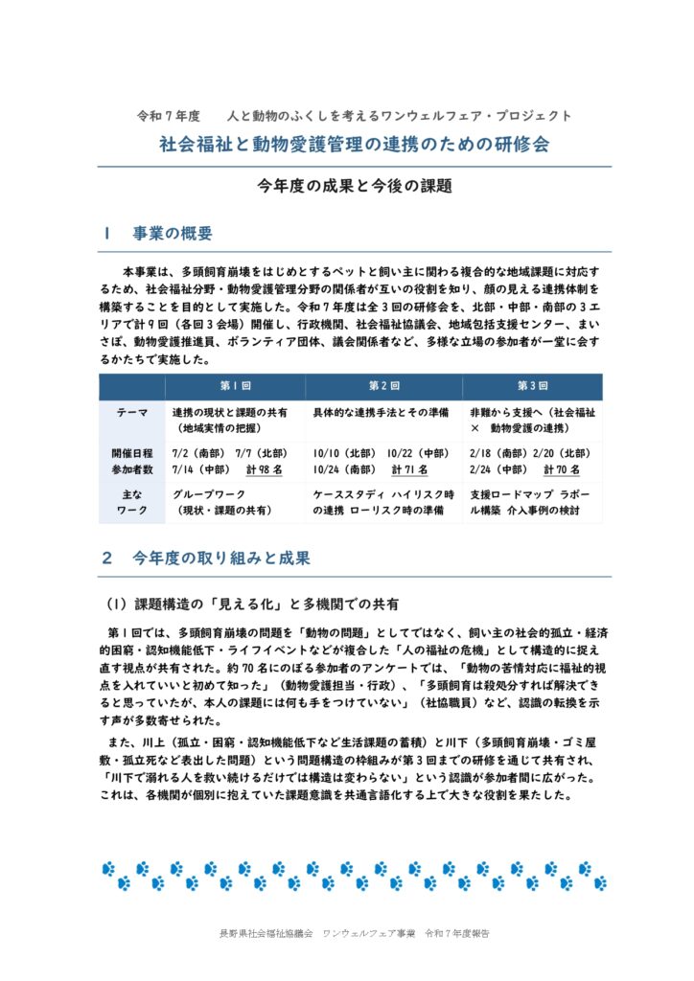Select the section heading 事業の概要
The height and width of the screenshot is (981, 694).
(172, 234)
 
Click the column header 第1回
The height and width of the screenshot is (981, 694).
(235, 386)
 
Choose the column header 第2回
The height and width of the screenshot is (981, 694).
(383, 386)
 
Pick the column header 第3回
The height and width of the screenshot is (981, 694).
(532, 386)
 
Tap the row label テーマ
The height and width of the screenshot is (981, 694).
(132, 413)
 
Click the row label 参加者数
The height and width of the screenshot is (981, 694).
(132, 469)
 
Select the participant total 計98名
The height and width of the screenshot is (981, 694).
(265, 469)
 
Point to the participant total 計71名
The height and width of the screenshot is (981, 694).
(410, 469)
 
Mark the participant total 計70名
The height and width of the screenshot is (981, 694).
(563, 469)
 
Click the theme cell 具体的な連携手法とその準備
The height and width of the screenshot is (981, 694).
(381, 413)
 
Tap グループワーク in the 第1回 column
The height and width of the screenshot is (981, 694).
(205, 495)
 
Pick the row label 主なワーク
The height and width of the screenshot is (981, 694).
(132, 504)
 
